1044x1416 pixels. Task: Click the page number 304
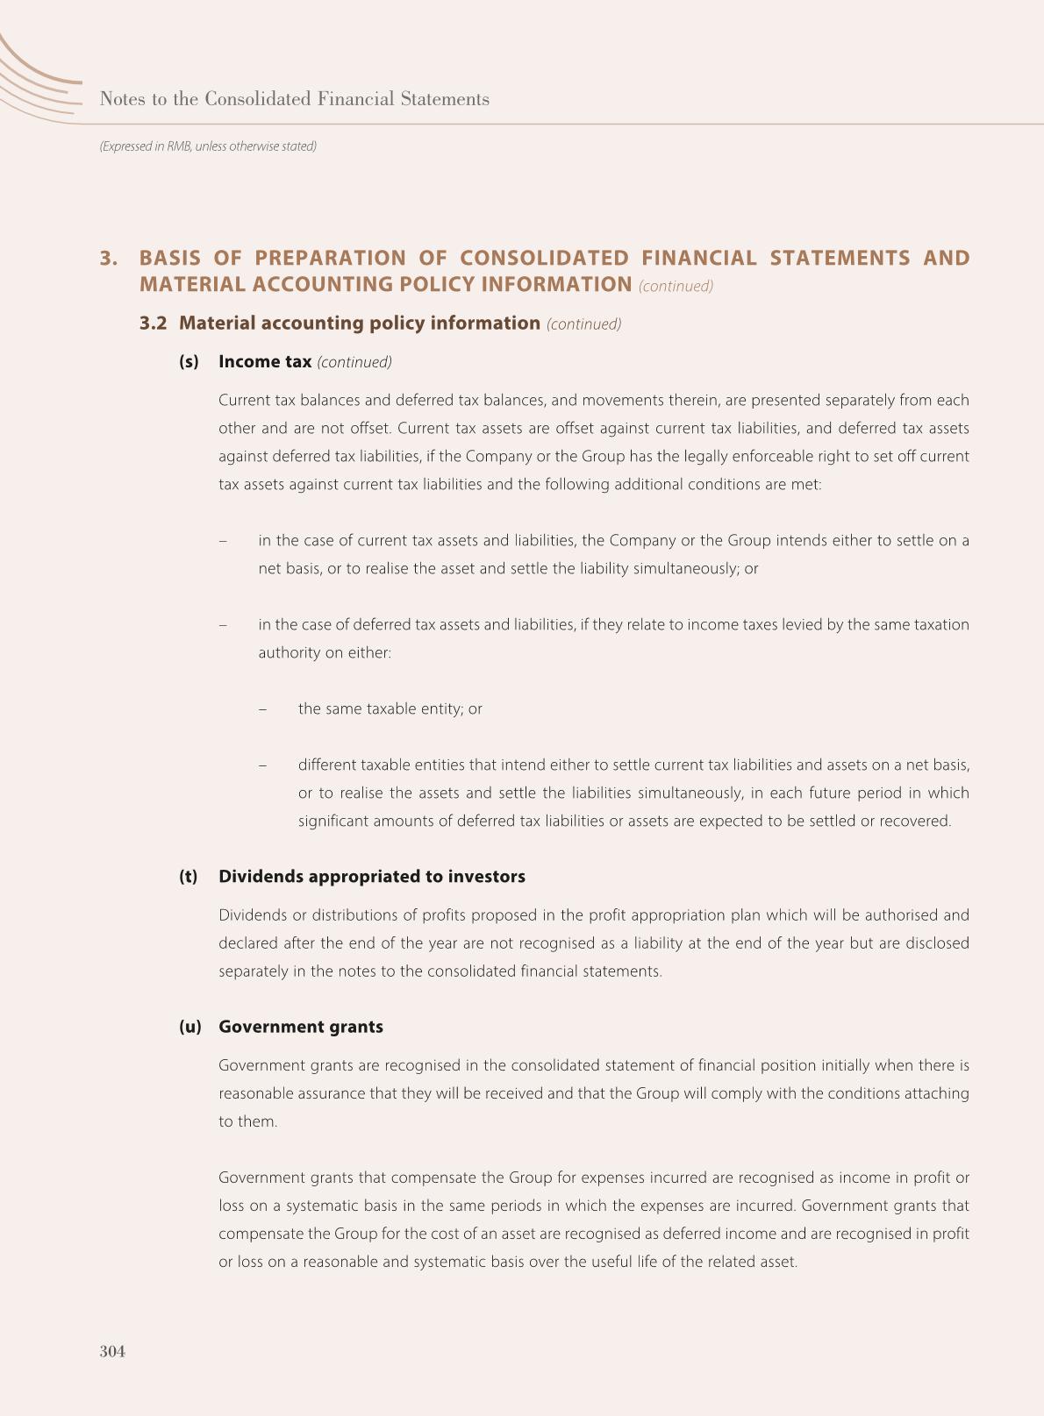[112, 1351]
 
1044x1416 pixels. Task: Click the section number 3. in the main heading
[109, 258]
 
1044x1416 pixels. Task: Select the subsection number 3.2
[153, 323]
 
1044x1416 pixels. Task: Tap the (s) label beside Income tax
[189, 361]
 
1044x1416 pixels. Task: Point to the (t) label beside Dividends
[189, 876]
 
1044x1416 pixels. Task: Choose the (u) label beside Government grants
[189, 1026]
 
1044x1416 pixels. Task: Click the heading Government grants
[301, 1026]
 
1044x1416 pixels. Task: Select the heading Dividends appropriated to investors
[372, 876]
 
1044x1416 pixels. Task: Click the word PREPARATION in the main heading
[330, 258]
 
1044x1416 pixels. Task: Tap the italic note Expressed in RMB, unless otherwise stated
[208, 146]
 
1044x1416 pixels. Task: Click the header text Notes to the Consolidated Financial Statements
[295, 99]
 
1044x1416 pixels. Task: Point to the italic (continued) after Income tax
[354, 362]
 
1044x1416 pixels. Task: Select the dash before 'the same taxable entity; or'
[262, 708]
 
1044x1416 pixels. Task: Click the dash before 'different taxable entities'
[262, 765]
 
